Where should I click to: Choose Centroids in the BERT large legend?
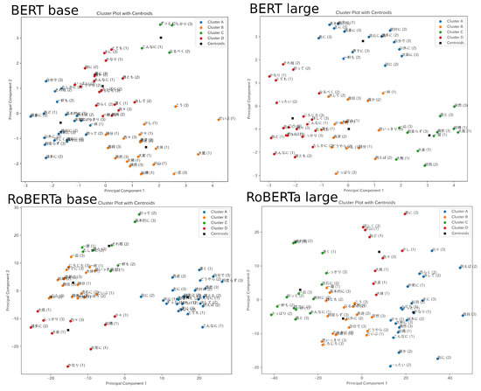(x=445, y=42)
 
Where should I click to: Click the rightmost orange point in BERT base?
(x=218, y=119)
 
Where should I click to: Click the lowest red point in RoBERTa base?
(x=68, y=366)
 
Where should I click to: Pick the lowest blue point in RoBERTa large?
(x=388, y=367)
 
